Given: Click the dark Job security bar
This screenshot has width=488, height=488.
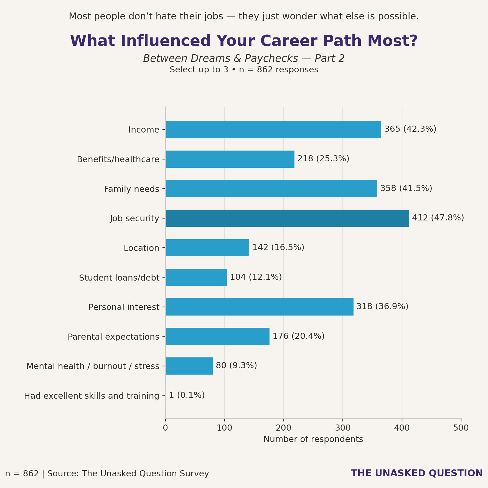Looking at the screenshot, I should coord(287,218).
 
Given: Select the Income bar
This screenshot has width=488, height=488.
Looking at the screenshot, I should coord(273,129).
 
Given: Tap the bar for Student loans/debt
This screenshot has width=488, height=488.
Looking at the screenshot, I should coord(196,277).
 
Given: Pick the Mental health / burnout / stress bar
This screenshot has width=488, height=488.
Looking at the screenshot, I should coord(189,366).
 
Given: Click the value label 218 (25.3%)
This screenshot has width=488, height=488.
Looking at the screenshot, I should coord(323,159).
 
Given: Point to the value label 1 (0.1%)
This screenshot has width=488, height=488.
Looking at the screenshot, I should coord(187,395).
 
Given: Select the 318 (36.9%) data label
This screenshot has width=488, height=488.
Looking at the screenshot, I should coord(382,307).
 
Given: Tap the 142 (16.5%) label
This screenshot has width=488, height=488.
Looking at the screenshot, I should coord(278,247).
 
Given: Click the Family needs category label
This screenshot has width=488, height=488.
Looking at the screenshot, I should coord(131,189).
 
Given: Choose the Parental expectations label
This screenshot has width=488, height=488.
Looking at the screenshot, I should coord(113,337).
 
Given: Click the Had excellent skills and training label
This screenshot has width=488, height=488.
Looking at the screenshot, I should coord(91,396).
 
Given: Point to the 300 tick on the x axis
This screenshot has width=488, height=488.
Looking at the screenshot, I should coord(343,428).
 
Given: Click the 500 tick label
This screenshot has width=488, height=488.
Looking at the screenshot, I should coord(461,428).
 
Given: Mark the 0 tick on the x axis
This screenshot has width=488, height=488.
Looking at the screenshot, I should coord(166,428).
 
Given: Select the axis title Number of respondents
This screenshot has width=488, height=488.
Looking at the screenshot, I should coord(313,439).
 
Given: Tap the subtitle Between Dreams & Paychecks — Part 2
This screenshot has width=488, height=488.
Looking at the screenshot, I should coord(244,59).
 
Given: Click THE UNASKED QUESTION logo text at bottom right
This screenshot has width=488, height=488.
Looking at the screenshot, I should coord(417,473).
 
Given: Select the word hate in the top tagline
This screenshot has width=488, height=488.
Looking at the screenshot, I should coord(164,16).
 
